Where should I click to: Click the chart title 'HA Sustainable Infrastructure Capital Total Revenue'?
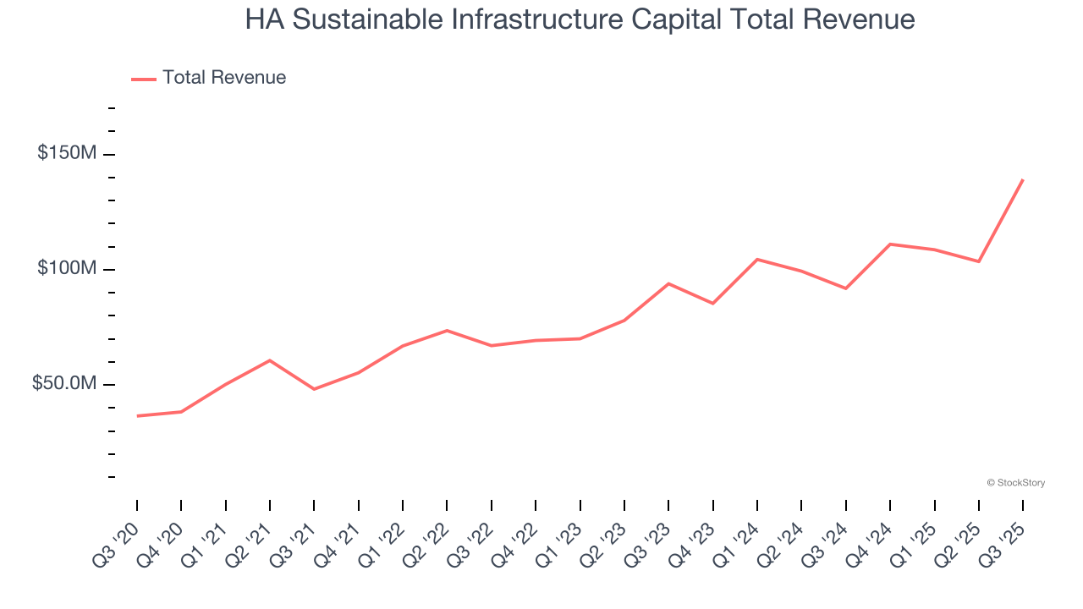[x=580, y=19]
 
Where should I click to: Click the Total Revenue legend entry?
[x=209, y=78]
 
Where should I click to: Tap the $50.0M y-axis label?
[x=64, y=383]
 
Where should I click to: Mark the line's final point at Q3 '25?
[x=1022, y=180]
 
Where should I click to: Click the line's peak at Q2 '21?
[x=269, y=360]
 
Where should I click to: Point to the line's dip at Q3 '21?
[x=314, y=389]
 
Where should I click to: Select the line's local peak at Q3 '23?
[x=668, y=283]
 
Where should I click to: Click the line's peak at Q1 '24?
[x=757, y=259]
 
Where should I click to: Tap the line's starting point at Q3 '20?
[x=137, y=416]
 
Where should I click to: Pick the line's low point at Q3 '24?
[x=846, y=288]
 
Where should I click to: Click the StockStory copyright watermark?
[x=1015, y=483]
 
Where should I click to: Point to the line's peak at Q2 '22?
[x=447, y=330]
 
